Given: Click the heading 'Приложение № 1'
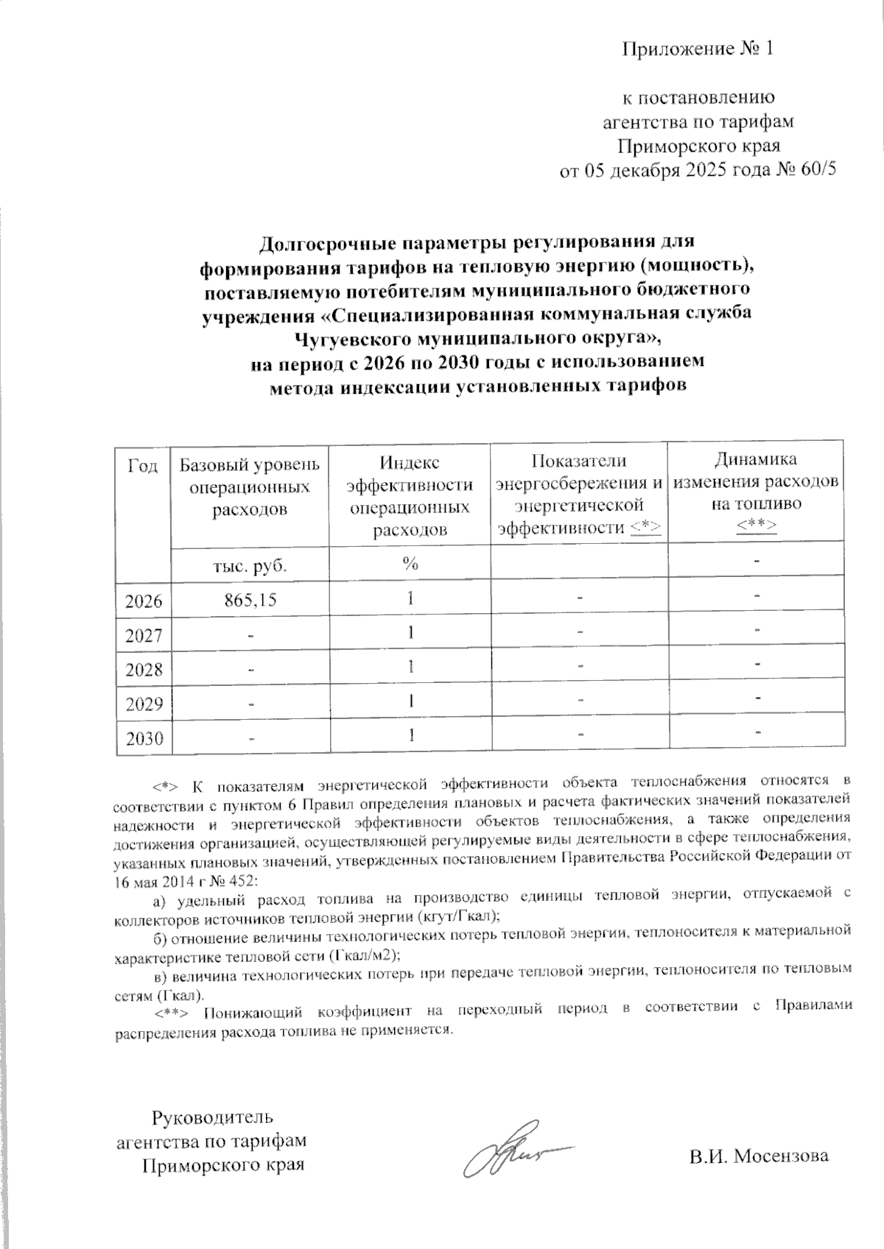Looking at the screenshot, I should coord(697,49).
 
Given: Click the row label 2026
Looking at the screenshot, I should coord(144,601).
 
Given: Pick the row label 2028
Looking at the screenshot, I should coord(144,669).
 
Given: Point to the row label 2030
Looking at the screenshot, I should coord(144,738).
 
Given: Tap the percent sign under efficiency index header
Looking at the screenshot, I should coord(410,565).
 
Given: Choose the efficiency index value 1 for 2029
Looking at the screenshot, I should coord(410,701).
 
